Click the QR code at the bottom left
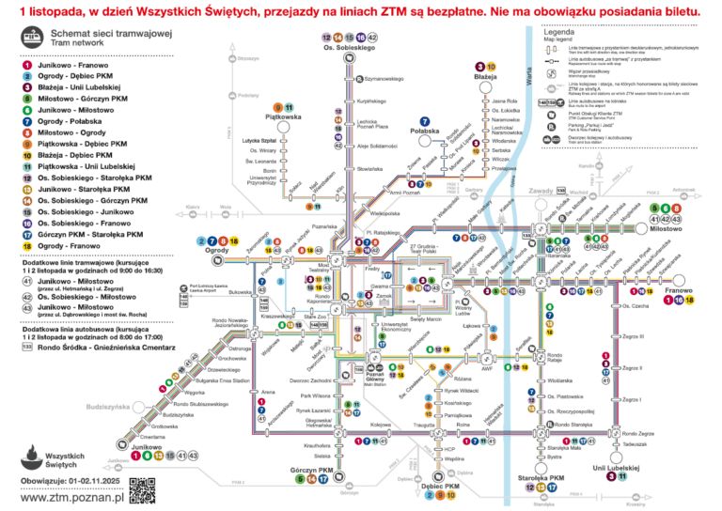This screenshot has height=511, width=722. (x=141, y=489)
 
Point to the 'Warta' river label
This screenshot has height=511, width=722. (x=529, y=70)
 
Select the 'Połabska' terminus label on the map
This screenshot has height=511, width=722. (x=426, y=133)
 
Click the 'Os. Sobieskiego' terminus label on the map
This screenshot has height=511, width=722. (x=350, y=47)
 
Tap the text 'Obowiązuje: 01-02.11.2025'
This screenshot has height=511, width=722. (x=66, y=482)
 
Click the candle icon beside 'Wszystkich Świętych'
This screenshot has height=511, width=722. (x=32, y=458)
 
